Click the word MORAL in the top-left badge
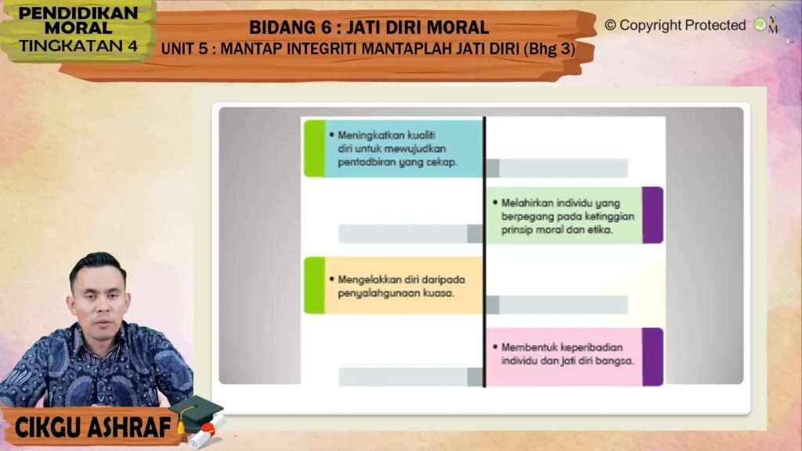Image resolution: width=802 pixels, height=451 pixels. pos(78,28)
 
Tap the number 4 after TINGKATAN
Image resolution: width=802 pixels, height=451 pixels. pos(132,46)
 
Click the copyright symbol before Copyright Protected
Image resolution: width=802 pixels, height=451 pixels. pos(610,25)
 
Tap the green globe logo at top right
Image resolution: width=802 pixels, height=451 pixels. pos(760,24)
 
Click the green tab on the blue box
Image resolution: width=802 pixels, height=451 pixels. pos(314,148)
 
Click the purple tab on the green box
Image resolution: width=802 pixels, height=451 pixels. pos(652,215)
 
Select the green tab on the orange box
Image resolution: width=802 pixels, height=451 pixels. pos(314,285)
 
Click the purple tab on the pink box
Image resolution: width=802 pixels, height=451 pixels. pos(652,356)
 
